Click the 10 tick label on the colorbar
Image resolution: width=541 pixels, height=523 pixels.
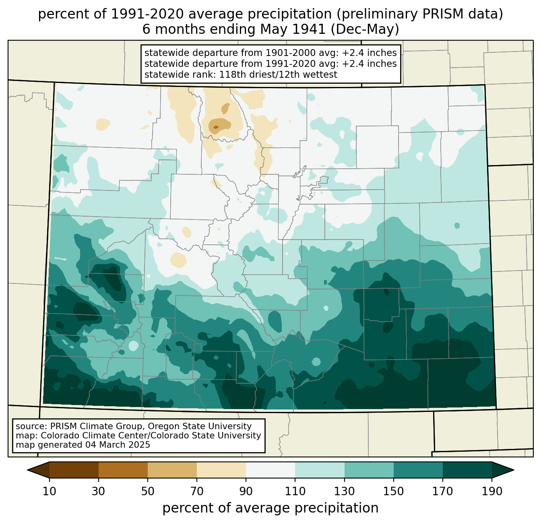tap(49, 491)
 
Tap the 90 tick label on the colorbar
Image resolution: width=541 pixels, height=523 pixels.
tap(246, 491)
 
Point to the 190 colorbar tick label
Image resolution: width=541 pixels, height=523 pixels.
tap(492, 491)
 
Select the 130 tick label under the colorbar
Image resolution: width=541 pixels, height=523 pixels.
tap(344, 491)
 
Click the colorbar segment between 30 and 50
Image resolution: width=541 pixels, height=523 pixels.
tap(123, 470)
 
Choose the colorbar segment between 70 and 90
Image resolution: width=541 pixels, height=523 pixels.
tap(221, 470)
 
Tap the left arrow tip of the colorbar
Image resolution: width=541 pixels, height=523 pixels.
tap(27, 470)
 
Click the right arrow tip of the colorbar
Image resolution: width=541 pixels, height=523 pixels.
tap(514, 470)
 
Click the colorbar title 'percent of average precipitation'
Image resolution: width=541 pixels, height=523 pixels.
tap(270, 508)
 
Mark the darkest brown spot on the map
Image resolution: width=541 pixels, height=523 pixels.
tap(216, 127)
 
